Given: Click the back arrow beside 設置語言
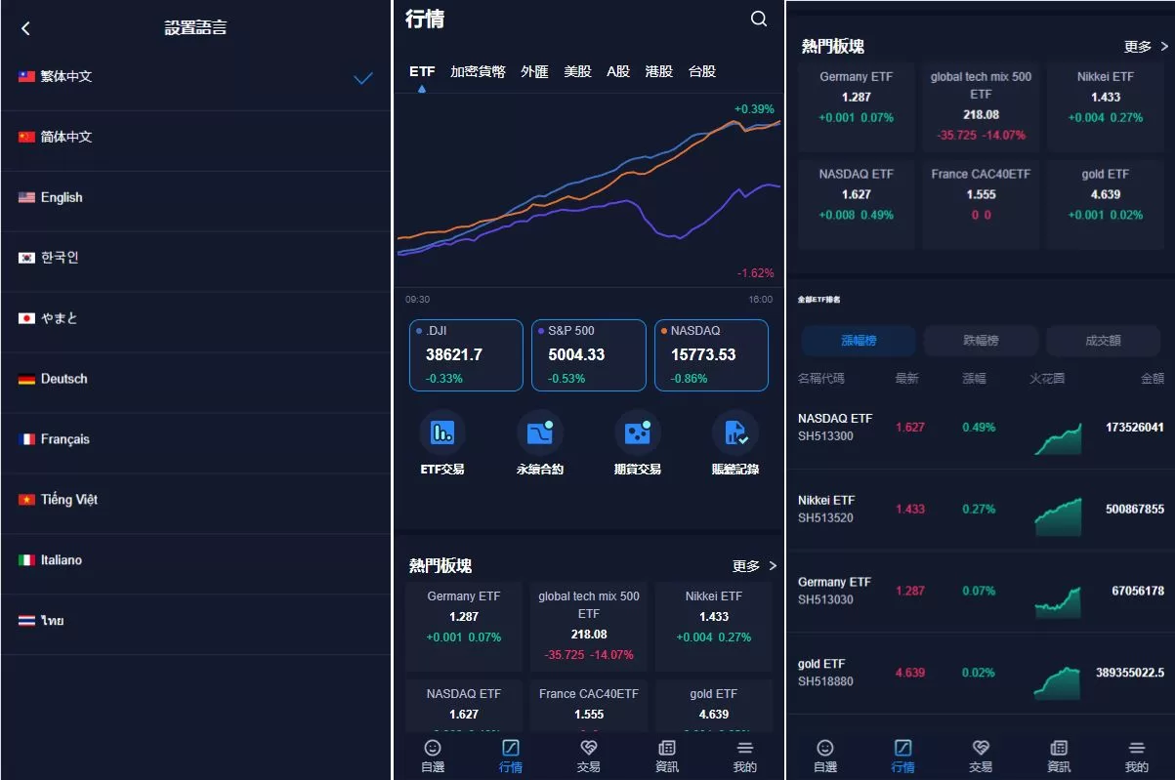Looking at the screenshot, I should tap(25, 28).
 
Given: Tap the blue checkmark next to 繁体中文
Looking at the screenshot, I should tap(363, 78).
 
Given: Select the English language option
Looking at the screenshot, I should tap(62, 197).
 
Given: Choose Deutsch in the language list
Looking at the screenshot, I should tap(63, 379).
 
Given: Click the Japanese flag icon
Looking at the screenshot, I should tap(26, 318).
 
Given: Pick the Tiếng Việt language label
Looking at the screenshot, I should tap(69, 500).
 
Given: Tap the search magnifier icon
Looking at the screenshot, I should tap(759, 19).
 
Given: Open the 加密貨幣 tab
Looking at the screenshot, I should tap(478, 71).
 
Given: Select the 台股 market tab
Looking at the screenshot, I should tap(702, 71).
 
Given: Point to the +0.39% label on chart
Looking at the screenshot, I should tap(754, 109).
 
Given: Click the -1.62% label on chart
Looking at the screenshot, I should tap(755, 273).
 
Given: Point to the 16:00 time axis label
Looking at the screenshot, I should tap(760, 300).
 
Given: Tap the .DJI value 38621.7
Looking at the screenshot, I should tap(454, 355).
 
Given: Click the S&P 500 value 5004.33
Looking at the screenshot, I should tap(576, 355).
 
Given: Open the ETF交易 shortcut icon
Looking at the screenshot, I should tap(442, 432).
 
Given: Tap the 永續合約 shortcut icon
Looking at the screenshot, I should tap(540, 432).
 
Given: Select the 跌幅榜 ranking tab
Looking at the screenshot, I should tap(981, 341).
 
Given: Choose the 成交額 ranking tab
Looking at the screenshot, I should tap(1103, 341).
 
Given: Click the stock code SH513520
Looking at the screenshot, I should tap(825, 518).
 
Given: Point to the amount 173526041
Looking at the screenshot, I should tap(1134, 428).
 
